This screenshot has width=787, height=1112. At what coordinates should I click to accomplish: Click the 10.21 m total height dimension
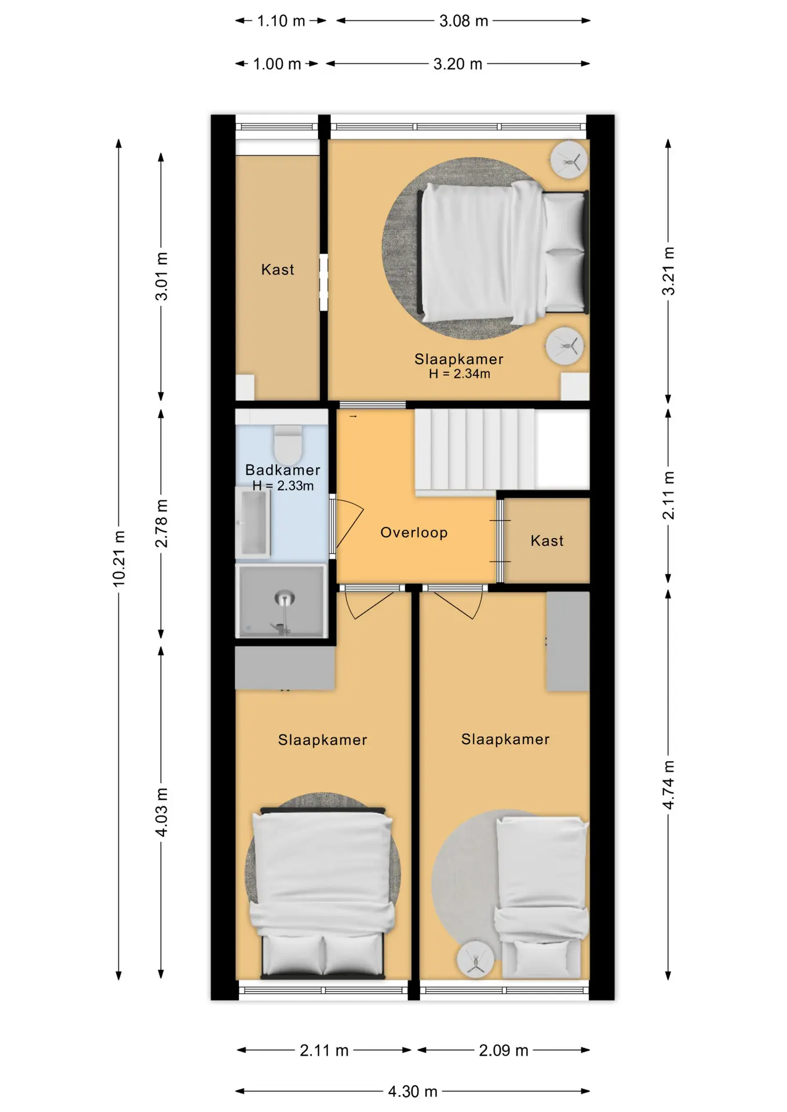(119, 559)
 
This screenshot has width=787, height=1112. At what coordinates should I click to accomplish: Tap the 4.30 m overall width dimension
(413, 1092)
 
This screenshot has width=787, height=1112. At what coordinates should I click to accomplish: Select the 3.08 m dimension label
(464, 21)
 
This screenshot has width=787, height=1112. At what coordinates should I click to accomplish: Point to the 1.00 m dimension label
(277, 64)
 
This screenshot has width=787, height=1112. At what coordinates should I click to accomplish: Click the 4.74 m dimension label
(668, 785)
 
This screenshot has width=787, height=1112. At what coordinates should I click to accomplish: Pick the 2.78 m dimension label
(162, 523)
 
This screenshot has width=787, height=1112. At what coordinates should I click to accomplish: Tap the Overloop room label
(414, 533)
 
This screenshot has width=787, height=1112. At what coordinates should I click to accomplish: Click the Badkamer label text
(283, 470)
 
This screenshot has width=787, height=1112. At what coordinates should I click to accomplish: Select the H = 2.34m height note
(460, 374)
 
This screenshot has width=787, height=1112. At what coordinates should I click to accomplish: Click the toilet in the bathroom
(288, 445)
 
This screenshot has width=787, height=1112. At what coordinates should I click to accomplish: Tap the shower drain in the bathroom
(284, 598)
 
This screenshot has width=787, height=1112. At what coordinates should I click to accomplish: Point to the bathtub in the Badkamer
(253, 522)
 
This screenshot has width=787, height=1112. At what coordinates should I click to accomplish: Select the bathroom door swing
(349, 524)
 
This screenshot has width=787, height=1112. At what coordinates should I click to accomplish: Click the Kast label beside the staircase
(547, 541)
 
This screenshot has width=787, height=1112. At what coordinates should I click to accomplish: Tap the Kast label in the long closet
(278, 269)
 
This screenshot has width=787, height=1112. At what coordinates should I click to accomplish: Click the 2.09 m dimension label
(504, 1050)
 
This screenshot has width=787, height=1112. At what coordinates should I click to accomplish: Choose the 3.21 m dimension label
(668, 270)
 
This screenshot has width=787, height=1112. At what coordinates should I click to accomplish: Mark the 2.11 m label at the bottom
(324, 1050)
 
